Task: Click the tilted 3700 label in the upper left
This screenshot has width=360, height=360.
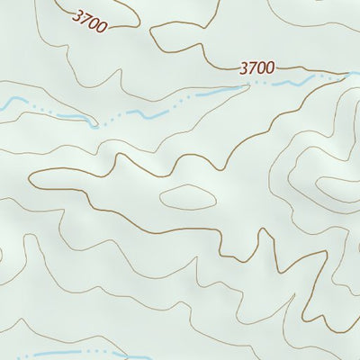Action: pyautogui.click(x=89, y=18)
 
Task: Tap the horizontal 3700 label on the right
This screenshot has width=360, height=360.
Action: pyautogui.click(x=257, y=67)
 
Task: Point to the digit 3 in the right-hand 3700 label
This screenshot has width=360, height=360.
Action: pyautogui.click(x=245, y=67)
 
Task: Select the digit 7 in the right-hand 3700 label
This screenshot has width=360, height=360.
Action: pyautogui.click(x=253, y=67)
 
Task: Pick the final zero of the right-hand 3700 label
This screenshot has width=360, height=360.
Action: pyautogui.click(x=270, y=67)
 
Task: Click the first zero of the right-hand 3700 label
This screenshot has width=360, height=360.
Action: pyautogui.click(x=262, y=67)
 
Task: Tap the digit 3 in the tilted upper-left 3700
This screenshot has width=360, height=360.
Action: pyautogui.click(x=77, y=13)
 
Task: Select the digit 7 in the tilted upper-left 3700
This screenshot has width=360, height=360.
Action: pyautogui.click(x=85, y=16)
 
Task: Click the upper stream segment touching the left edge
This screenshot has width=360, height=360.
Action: pyautogui.click(x=7, y=104)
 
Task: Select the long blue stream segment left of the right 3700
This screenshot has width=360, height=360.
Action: pyautogui.click(x=202, y=94)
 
